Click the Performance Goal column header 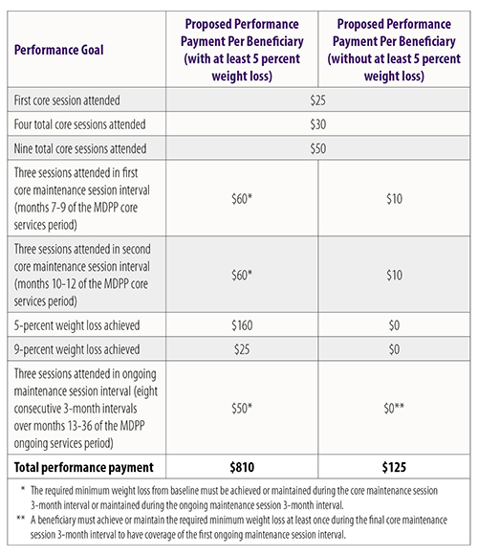coord(59,50)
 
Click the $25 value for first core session coord(317,100)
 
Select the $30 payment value coord(317,124)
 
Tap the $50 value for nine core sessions coord(317,148)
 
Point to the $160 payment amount coord(242,325)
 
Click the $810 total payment coord(242,467)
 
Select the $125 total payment coord(394,467)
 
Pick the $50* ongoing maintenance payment coord(242,408)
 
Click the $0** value coord(394,408)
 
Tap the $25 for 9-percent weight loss coord(242,349)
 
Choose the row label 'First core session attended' coord(67,100)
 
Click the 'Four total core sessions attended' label coord(79,124)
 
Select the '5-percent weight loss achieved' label coord(76,325)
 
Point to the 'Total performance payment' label coord(83,467)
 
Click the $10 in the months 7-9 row coord(395,199)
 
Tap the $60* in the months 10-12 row coord(242,276)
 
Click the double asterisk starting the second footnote coord(20,519)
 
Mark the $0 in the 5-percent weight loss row coord(395,325)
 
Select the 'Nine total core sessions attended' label coord(80,148)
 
